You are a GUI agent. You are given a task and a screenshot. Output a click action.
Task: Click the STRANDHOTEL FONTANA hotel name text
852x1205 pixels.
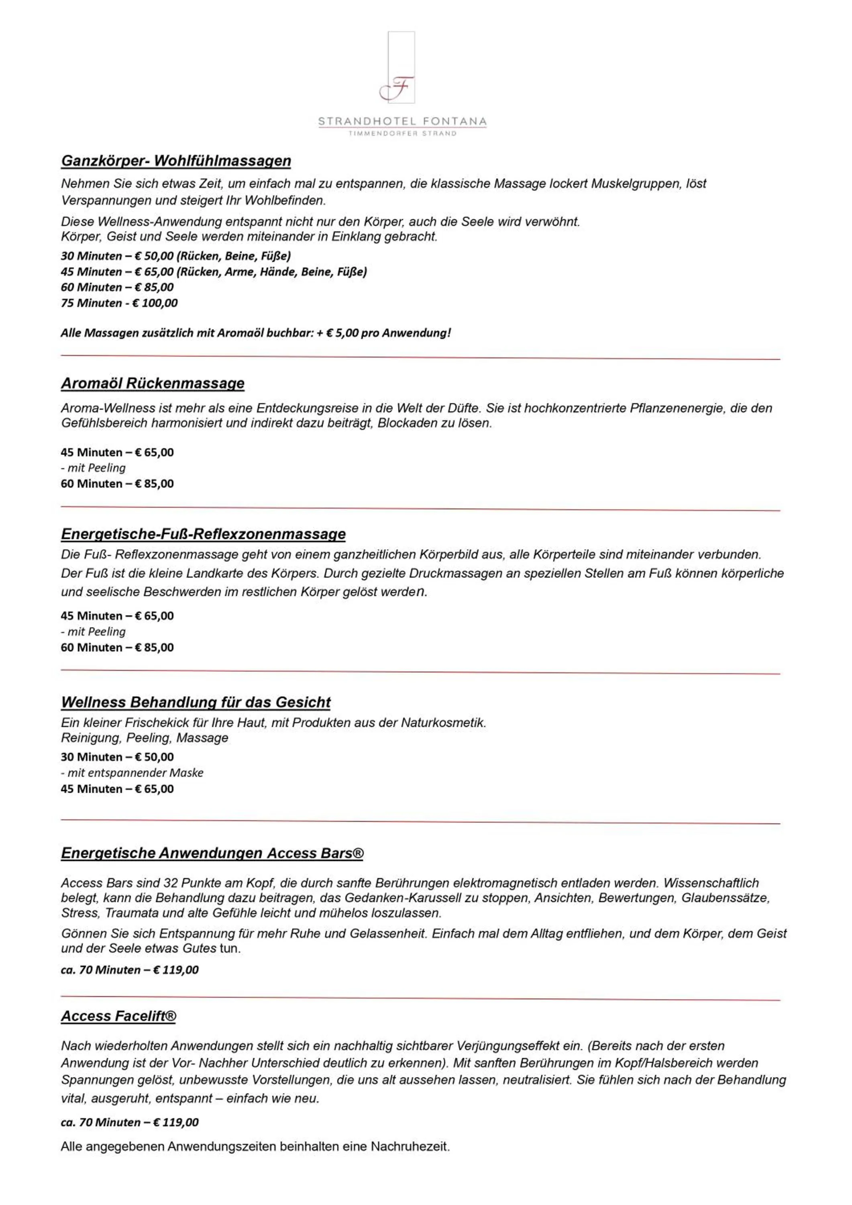[402, 121]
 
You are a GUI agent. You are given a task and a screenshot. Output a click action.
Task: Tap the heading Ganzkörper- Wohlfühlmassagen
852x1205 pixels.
[176, 161]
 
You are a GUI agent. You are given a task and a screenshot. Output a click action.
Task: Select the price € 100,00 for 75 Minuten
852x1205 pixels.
[155, 303]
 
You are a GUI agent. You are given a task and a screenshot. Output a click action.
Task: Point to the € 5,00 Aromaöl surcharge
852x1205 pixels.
[342, 333]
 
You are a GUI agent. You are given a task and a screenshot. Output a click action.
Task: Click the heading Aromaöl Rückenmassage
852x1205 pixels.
[153, 383]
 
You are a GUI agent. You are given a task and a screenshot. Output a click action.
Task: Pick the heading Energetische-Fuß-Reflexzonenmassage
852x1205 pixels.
[203, 534]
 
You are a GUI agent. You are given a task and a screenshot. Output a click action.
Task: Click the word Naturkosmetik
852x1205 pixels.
[443, 723]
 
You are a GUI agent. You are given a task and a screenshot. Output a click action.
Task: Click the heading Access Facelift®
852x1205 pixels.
[118, 1016]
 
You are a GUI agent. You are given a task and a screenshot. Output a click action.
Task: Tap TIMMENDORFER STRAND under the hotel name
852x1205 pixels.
[402, 133]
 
